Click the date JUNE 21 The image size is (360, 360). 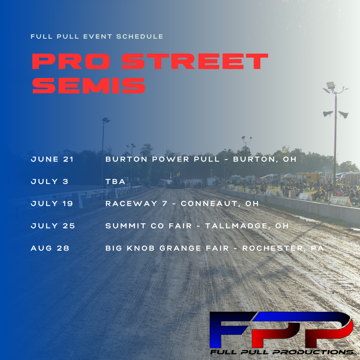[52, 159]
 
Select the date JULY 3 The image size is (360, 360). [50, 181]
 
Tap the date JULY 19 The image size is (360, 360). [52, 203]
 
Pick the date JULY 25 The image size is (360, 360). [53, 226]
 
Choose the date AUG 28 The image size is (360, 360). [50, 248]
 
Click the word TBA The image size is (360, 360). [115, 181]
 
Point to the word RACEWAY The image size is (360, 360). [131, 203]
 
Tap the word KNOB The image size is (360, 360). [141, 248]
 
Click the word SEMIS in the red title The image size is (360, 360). [89, 86]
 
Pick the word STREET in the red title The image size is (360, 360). [195, 61]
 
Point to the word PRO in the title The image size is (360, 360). [71, 61]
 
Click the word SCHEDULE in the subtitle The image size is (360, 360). [140, 37]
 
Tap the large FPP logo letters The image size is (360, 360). [281, 330]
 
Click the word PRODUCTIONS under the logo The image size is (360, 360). [313, 352]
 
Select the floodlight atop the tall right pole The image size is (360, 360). [331, 85]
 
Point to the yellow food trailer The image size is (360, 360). [308, 178]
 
